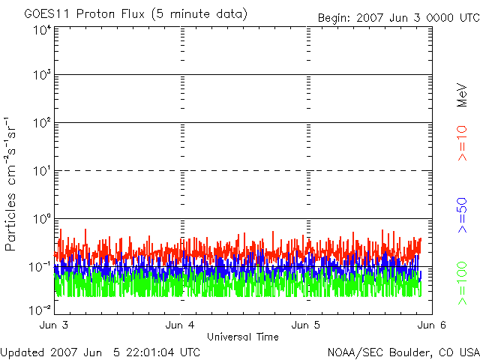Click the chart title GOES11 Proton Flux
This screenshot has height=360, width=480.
[135, 14]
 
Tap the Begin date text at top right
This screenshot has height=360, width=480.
[397, 17]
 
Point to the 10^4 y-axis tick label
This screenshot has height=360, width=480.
[41, 30]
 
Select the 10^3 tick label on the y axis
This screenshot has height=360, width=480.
[41, 75]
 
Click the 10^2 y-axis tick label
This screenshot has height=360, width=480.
[41, 123]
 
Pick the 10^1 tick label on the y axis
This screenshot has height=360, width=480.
[41, 171]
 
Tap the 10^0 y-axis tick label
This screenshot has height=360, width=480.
[41, 219]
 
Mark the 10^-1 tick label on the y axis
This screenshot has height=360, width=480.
[40, 267]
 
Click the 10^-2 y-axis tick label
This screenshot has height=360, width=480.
[40, 309]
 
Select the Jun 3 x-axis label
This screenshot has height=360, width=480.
[54, 325]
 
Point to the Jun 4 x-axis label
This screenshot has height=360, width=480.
[180, 325]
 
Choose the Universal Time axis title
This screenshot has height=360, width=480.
[242, 337]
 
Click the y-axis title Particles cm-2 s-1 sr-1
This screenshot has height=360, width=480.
[13, 184]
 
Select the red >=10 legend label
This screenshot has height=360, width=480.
[462, 143]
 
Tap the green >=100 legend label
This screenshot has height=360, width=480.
[462, 283]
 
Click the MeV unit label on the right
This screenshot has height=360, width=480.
[462, 94]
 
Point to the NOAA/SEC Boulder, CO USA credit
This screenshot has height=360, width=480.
[403, 352]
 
